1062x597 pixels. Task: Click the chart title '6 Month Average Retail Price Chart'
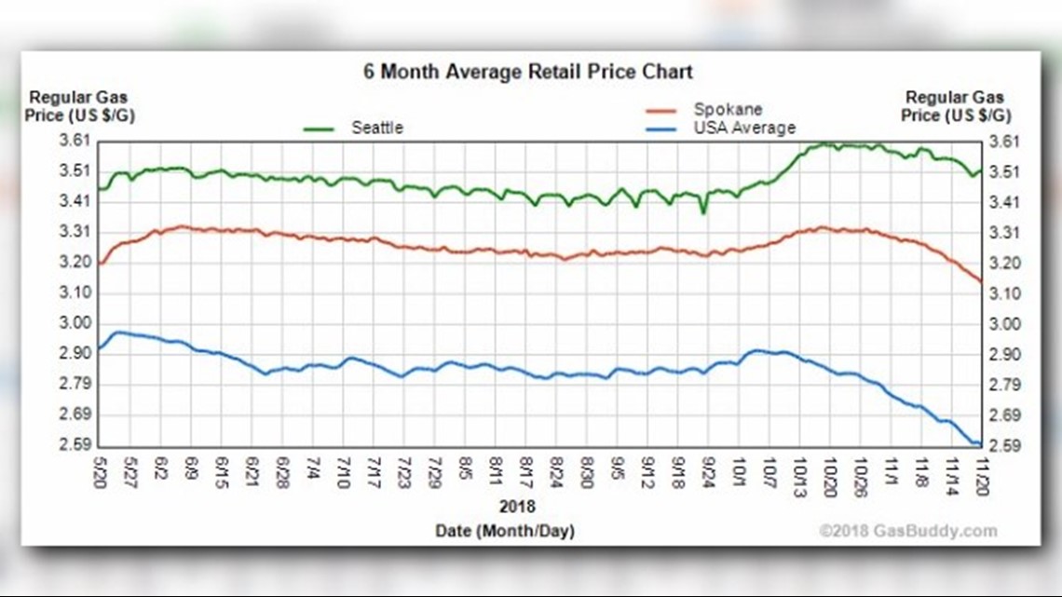point(527,72)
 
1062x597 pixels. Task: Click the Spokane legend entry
point(715,109)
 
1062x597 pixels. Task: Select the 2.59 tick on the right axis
point(1004,446)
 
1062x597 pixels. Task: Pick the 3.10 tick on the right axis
point(1004,293)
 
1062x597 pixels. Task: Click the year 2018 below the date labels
point(518,508)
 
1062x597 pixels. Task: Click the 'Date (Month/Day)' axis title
point(505,531)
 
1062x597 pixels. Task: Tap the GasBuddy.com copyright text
point(907,531)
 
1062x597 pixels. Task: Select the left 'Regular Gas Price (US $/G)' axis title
point(78,106)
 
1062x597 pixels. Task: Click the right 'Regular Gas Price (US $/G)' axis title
point(955,106)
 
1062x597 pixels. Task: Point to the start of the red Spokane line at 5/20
point(100,264)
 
